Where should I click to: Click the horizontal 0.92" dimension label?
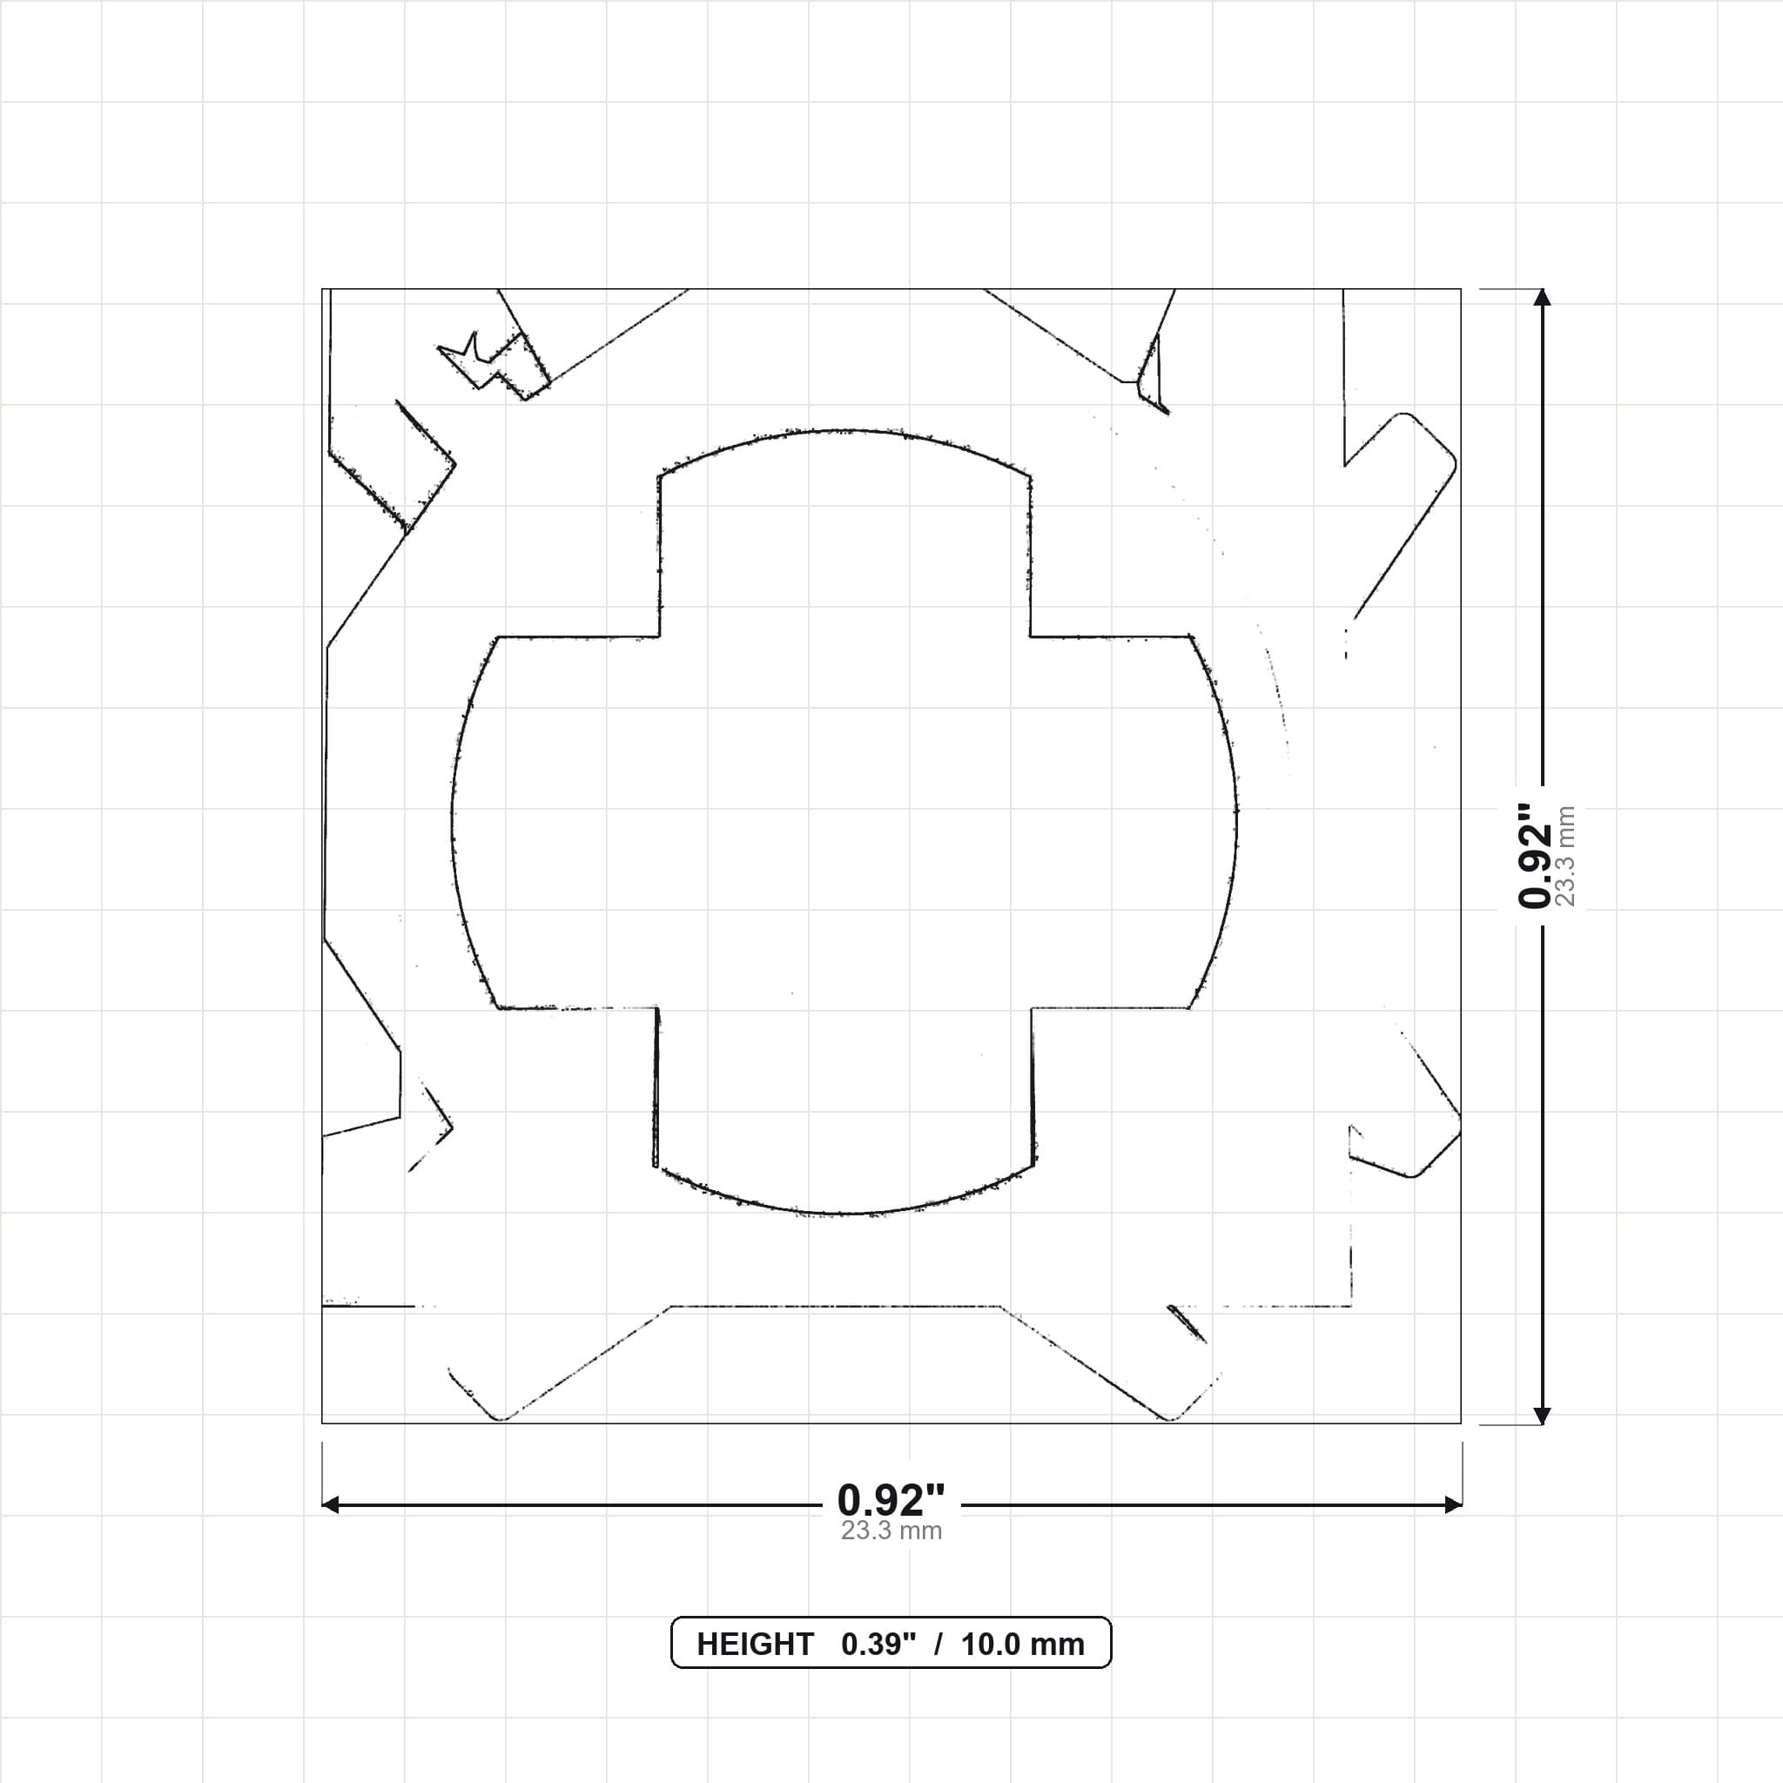pyautogui.click(x=891, y=1501)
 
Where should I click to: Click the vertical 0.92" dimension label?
pyautogui.click(x=1537, y=856)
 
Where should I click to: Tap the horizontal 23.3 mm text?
pyautogui.click(x=891, y=1531)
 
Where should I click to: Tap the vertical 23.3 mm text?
pyautogui.click(x=1565, y=856)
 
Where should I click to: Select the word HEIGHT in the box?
pyautogui.click(x=755, y=1645)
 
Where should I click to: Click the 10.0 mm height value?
pyautogui.click(x=1023, y=1645)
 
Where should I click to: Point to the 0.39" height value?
pyautogui.click(x=878, y=1645)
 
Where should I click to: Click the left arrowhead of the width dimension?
pyautogui.click(x=330, y=1505)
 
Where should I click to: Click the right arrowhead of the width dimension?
pyautogui.click(x=1453, y=1505)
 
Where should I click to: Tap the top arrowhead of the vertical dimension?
pyautogui.click(x=1541, y=297)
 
